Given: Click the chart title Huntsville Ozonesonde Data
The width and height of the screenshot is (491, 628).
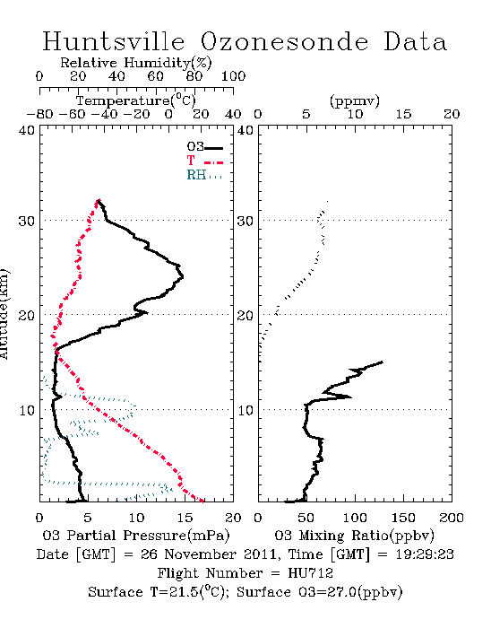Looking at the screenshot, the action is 245,41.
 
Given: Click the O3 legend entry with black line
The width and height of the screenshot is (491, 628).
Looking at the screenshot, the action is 204,147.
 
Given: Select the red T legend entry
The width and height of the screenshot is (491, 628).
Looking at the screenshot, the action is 204,161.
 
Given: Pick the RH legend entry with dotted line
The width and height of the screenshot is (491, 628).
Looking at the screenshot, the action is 204,175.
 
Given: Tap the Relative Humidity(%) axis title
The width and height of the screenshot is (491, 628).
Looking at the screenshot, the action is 136,63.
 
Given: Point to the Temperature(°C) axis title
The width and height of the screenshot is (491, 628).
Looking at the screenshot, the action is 136,100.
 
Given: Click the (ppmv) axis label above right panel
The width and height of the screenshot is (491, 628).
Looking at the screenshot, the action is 355,100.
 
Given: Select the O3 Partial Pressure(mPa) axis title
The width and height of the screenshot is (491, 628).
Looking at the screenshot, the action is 136,536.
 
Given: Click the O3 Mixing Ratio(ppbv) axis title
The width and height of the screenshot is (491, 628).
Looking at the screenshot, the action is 354,536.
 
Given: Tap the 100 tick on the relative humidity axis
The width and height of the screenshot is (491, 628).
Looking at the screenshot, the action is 233,76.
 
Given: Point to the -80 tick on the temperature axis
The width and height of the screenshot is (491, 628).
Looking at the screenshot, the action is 39,114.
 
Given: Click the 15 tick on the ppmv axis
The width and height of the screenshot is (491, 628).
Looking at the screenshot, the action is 403,114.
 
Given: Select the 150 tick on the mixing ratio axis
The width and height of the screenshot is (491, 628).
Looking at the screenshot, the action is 403,518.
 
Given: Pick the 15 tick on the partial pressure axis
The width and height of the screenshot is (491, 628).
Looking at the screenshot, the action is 185,518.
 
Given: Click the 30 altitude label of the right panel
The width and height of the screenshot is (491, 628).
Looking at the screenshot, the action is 245,221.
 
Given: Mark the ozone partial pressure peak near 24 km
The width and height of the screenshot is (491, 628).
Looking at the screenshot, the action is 182,276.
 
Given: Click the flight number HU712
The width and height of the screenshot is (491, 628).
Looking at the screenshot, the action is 310,573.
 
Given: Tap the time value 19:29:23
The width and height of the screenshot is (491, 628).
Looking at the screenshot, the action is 425,554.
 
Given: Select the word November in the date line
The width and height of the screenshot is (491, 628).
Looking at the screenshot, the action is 201,554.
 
